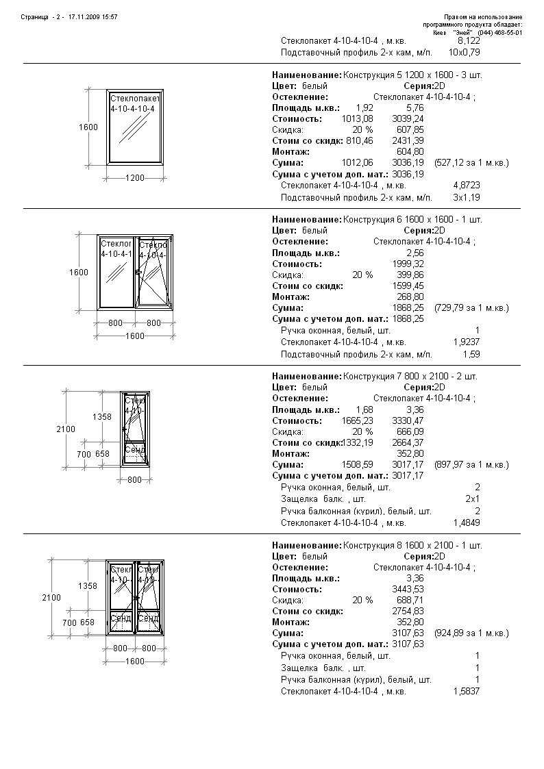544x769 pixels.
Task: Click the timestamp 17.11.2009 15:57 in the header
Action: (x=93, y=16)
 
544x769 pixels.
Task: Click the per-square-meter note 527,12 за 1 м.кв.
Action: (x=471, y=163)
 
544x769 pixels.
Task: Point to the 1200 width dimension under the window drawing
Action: (x=135, y=178)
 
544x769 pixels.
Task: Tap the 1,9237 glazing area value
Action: (x=467, y=341)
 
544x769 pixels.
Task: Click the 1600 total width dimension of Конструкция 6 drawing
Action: (x=135, y=336)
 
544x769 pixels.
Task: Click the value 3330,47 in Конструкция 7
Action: (x=407, y=420)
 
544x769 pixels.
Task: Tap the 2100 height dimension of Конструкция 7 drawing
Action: (x=66, y=429)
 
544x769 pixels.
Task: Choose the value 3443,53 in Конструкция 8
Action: (x=407, y=589)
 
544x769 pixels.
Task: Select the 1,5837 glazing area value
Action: (x=467, y=691)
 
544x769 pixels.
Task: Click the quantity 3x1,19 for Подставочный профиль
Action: (x=467, y=197)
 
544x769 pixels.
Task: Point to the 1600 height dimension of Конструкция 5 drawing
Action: (x=88, y=127)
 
